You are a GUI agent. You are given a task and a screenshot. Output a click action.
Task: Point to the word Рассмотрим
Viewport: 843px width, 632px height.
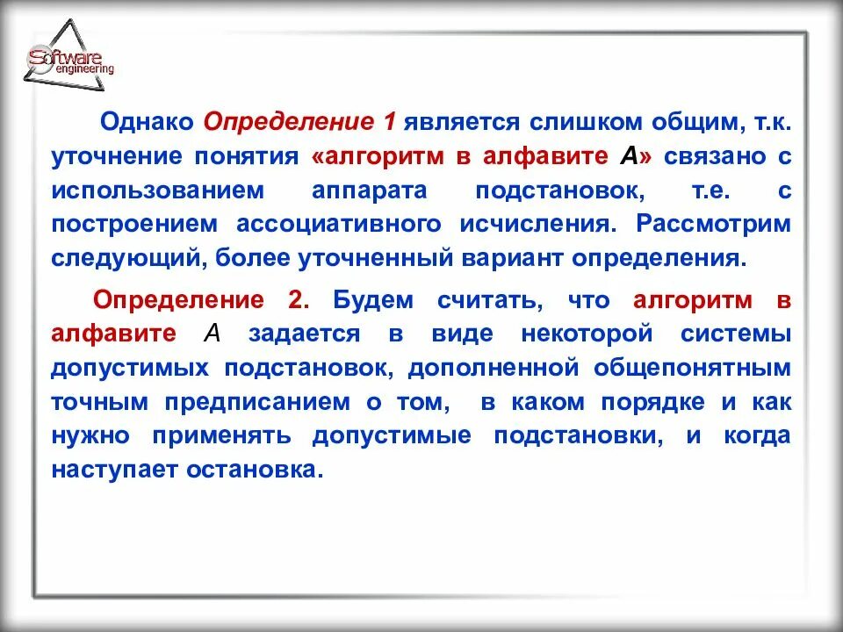point(713,223)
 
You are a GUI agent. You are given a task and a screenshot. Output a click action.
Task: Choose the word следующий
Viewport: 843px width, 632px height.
point(116,259)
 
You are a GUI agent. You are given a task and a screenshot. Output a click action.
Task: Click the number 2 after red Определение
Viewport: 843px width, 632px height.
point(297,300)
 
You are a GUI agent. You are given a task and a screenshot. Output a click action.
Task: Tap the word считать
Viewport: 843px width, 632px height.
point(486,300)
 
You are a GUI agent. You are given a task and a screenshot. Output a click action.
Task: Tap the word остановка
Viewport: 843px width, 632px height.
point(249,470)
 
